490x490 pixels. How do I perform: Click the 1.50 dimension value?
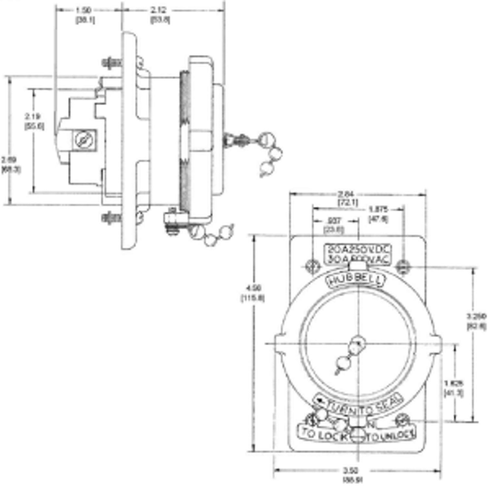pos(85,11)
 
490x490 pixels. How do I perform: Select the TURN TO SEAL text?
pos(358,403)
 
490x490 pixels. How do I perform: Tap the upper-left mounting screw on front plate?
pos(312,267)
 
